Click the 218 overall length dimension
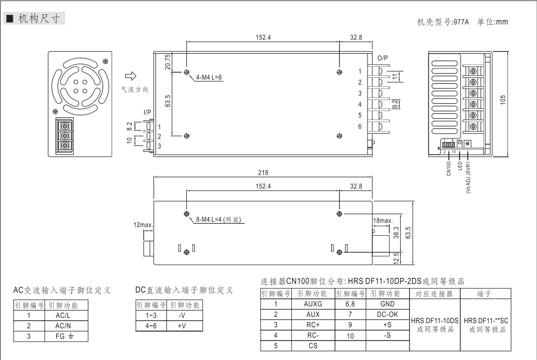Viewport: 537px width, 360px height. pos(263,173)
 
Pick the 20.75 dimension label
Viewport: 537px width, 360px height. pos(168,63)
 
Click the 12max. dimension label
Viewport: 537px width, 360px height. pos(142,225)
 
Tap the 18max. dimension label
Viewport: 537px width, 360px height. pos(383,220)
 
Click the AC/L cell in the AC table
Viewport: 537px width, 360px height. pos(59,315)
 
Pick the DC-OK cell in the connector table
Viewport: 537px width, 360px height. pos(386,314)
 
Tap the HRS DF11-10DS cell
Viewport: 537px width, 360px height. pos(435,320)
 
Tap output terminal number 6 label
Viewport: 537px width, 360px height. pos(360,126)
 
